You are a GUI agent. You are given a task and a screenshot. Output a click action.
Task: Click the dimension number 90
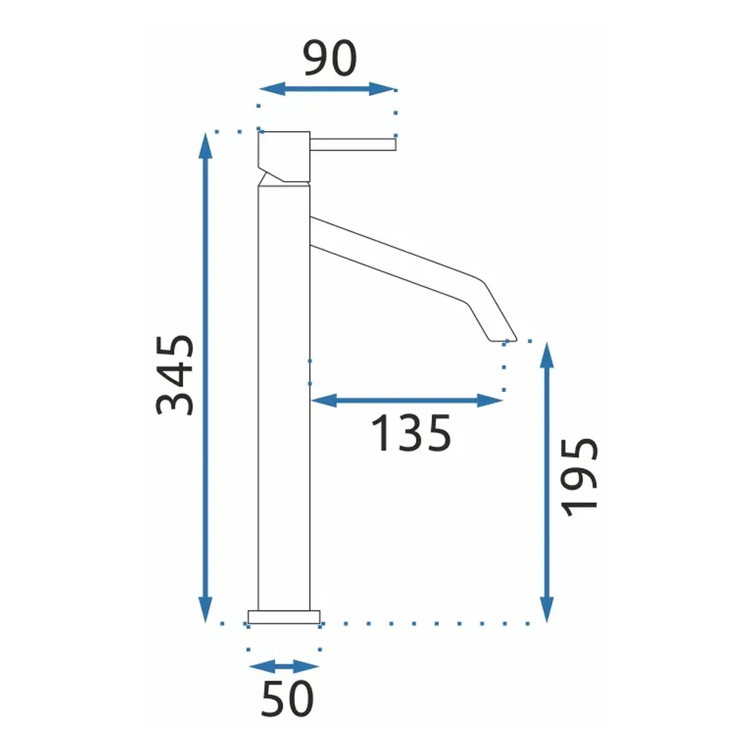pos(330,58)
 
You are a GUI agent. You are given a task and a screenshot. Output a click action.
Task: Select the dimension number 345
pos(175,375)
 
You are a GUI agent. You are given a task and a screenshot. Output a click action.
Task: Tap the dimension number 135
pos(412,434)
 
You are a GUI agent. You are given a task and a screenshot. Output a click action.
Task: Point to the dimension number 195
pos(580,477)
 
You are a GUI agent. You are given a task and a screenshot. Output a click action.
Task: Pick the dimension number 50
pos(287,699)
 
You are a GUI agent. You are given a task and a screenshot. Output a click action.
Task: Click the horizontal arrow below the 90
pos(327,89)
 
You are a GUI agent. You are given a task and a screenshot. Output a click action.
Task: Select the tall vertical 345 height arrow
pos(205,378)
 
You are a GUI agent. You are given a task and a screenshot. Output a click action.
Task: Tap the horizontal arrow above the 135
pos(407,400)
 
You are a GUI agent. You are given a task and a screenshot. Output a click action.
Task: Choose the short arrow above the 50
pos(284,667)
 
